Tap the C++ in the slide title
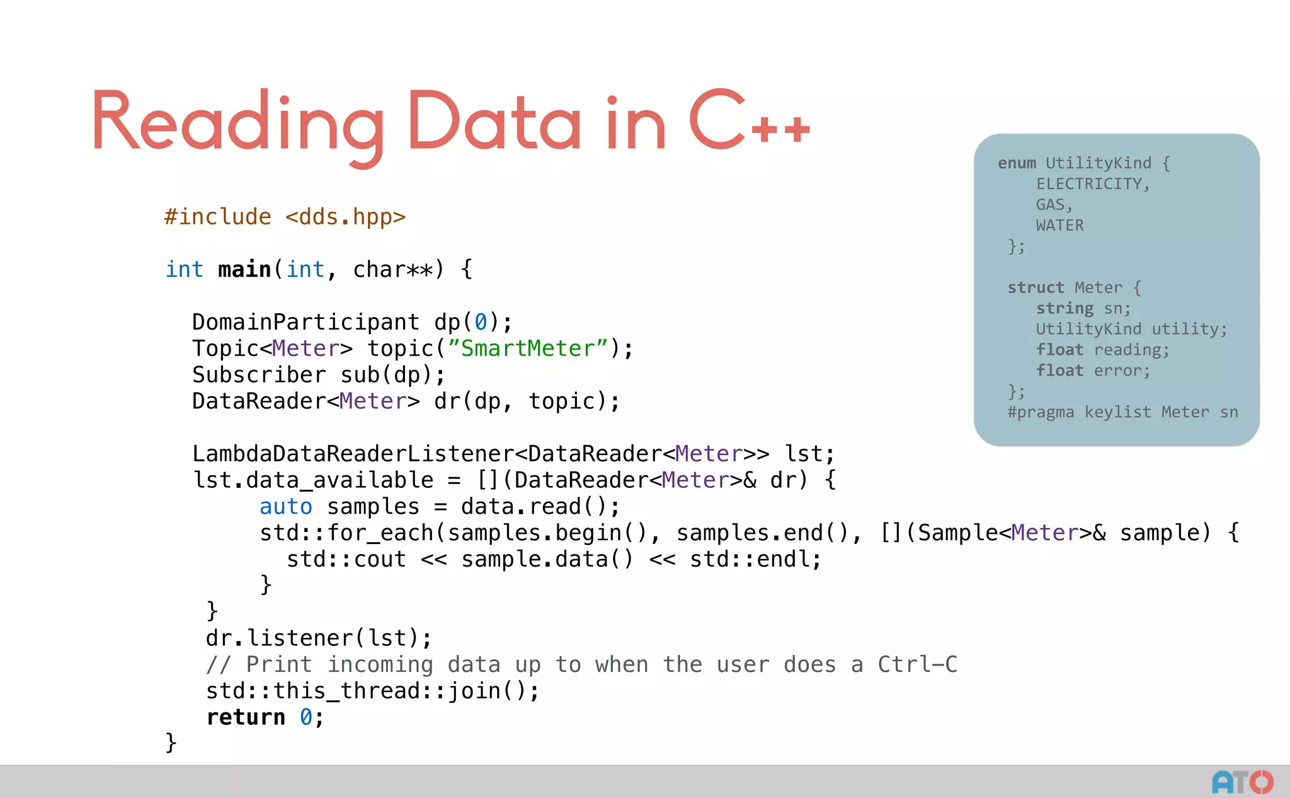(x=749, y=121)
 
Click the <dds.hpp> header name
(x=345, y=217)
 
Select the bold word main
(x=244, y=270)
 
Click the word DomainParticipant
(x=305, y=322)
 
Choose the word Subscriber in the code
(x=259, y=375)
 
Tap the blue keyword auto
(x=286, y=507)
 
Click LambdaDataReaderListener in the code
(x=353, y=454)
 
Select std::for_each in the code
(x=346, y=533)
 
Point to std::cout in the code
(x=346, y=560)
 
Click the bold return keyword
(x=246, y=717)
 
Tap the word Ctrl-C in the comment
(x=917, y=664)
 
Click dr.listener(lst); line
(x=319, y=638)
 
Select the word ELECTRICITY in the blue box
(x=1092, y=184)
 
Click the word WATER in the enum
(x=1059, y=226)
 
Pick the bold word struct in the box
(x=1036, y=287)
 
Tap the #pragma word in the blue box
(x=1041, y=412)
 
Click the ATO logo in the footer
(x=1242, y=782)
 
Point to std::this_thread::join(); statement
(x=372, y=691)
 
